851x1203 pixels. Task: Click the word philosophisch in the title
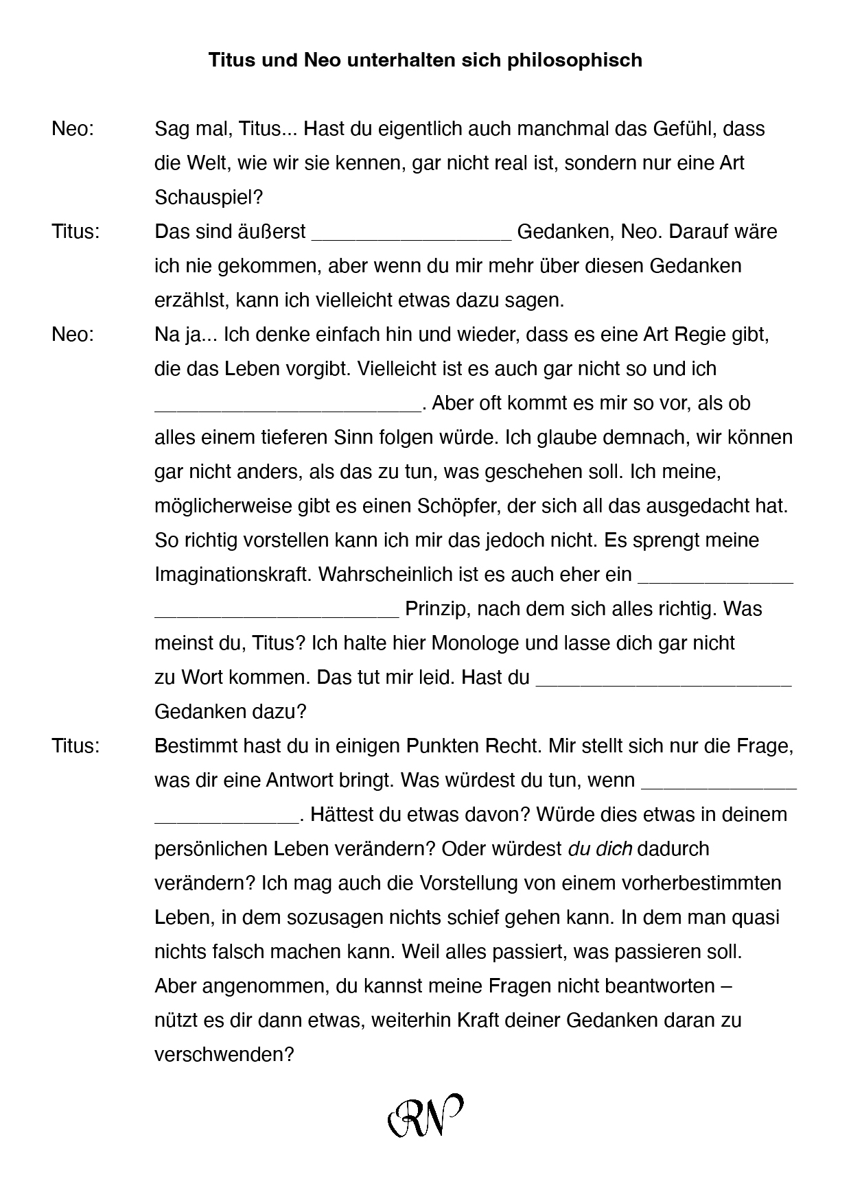574,60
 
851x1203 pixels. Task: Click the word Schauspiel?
209,198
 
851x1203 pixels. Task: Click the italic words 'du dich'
600,848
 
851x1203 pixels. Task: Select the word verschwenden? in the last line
224,1054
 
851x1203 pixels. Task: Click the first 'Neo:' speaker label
73,129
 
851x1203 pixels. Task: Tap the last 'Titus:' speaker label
75,746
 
